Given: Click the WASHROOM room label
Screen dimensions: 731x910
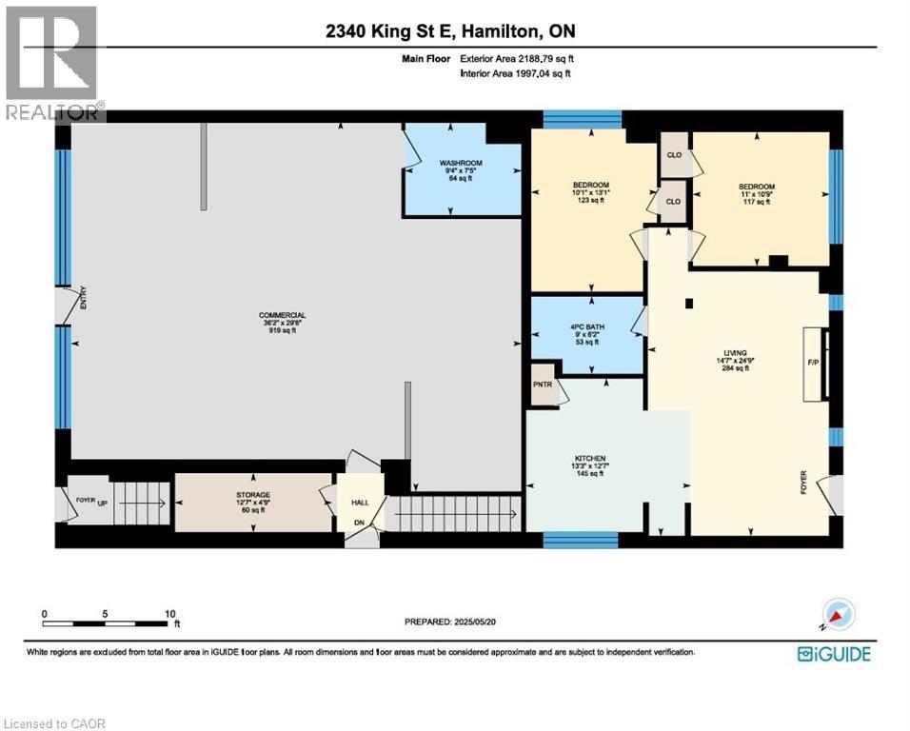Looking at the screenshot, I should pos(461,163).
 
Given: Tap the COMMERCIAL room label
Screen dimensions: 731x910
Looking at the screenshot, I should pos(282,315).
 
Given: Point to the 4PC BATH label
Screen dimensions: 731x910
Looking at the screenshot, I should pos(585,325).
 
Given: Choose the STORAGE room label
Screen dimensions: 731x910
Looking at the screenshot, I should pos(253,495).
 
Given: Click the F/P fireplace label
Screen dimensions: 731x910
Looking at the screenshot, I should pos(812,363).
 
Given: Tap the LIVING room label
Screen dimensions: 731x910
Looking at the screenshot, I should pos(734,352).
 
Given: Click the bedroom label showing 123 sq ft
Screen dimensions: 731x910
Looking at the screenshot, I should pos(590,185).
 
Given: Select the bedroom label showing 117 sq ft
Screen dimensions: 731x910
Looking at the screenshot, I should pos(757,187).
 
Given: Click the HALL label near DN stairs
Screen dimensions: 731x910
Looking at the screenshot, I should pos(360,502).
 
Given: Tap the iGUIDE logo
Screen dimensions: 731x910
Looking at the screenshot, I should pos(833,654).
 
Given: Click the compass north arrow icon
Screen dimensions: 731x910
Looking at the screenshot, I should pos(838,615).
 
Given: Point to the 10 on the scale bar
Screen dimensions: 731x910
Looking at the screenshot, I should pos(169,614).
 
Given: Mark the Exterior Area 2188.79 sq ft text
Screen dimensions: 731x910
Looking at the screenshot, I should pos(517,59).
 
